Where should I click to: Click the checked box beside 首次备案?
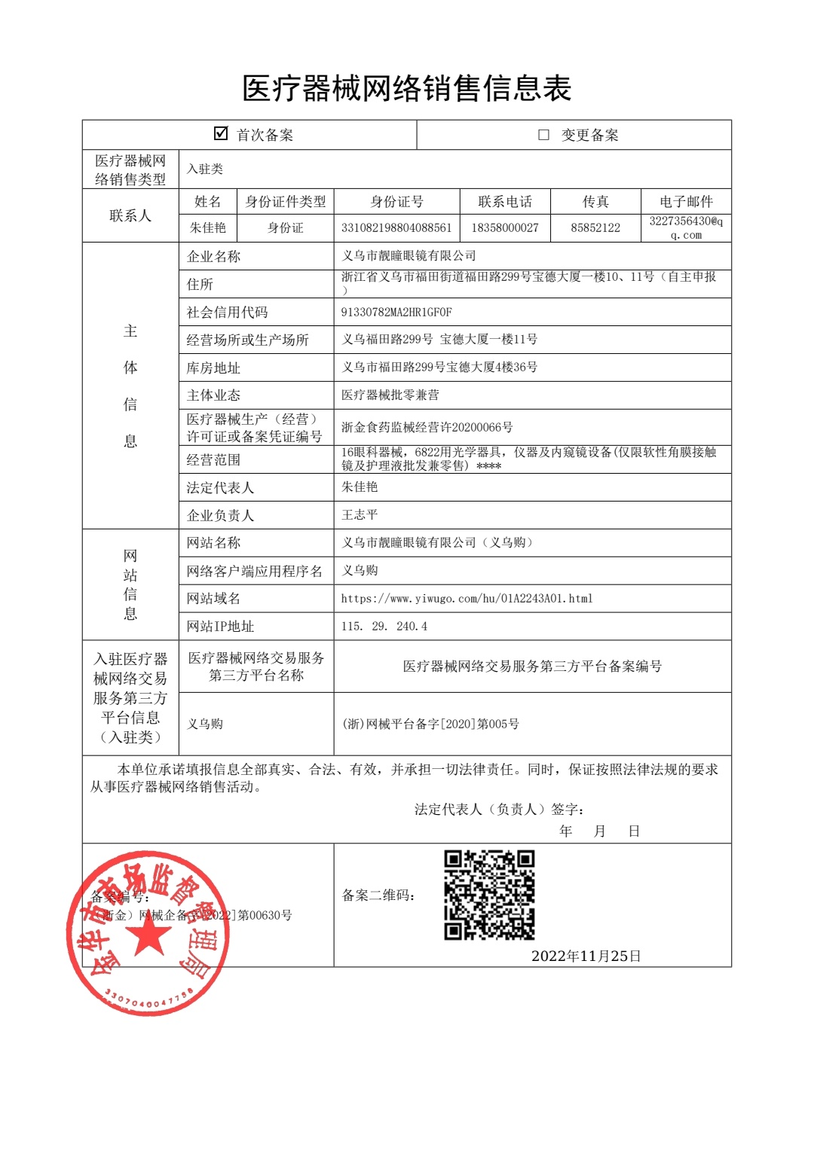pyautogui.click(x=221, y=133)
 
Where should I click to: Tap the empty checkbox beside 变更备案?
pyautogui.click(x=543, y=135)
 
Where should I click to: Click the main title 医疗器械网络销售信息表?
pyautogui.click(x=407, y=89)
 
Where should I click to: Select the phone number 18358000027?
pyautogui.click(x=505, y=227)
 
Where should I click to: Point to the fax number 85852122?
pyautogui.click(x=595, y=227)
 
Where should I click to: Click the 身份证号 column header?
pyautogui.click(x=396, y=202)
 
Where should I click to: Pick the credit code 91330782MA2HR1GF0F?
pyautogui.click(x=396, y=312)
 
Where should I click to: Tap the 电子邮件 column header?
pyautogui.click(x=686, y=202)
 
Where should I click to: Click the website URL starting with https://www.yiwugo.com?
pyautogui.click(x=467, y=599)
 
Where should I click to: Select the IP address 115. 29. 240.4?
pyautogui.click(x=384, y=627)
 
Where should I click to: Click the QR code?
pyautogui.click(x=489, y=895)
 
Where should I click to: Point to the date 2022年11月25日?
pyautogui.click(x=586, y=956)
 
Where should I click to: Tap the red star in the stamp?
pyautogui.click(x=148, y=935)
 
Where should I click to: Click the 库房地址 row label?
pyautogui.click(x=213, y=368)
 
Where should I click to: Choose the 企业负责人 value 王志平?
pyautogui.click(x=360, y=515)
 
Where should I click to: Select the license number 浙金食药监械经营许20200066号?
pyautogui.click(x=427, y=428)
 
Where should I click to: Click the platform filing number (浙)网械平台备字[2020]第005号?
pyautogui.click(x=430, y=724)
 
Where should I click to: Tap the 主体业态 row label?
pyautogui.click(x=213, y=395)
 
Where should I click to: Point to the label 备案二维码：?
pyautogui.click(x=378, y=895)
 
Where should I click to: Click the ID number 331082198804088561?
pyautogui.click(x=396, y=227)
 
